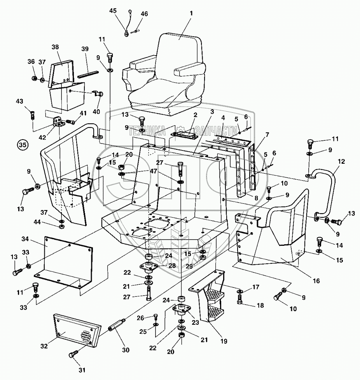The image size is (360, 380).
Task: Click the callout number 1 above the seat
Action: point(191,13)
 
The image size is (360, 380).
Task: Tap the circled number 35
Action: point(23,145)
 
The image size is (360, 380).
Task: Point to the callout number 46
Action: point(144,14)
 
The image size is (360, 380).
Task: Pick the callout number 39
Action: point(85,49)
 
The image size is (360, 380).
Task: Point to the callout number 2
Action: point(196,115)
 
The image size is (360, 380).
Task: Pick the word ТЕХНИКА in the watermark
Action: point(147,130)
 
